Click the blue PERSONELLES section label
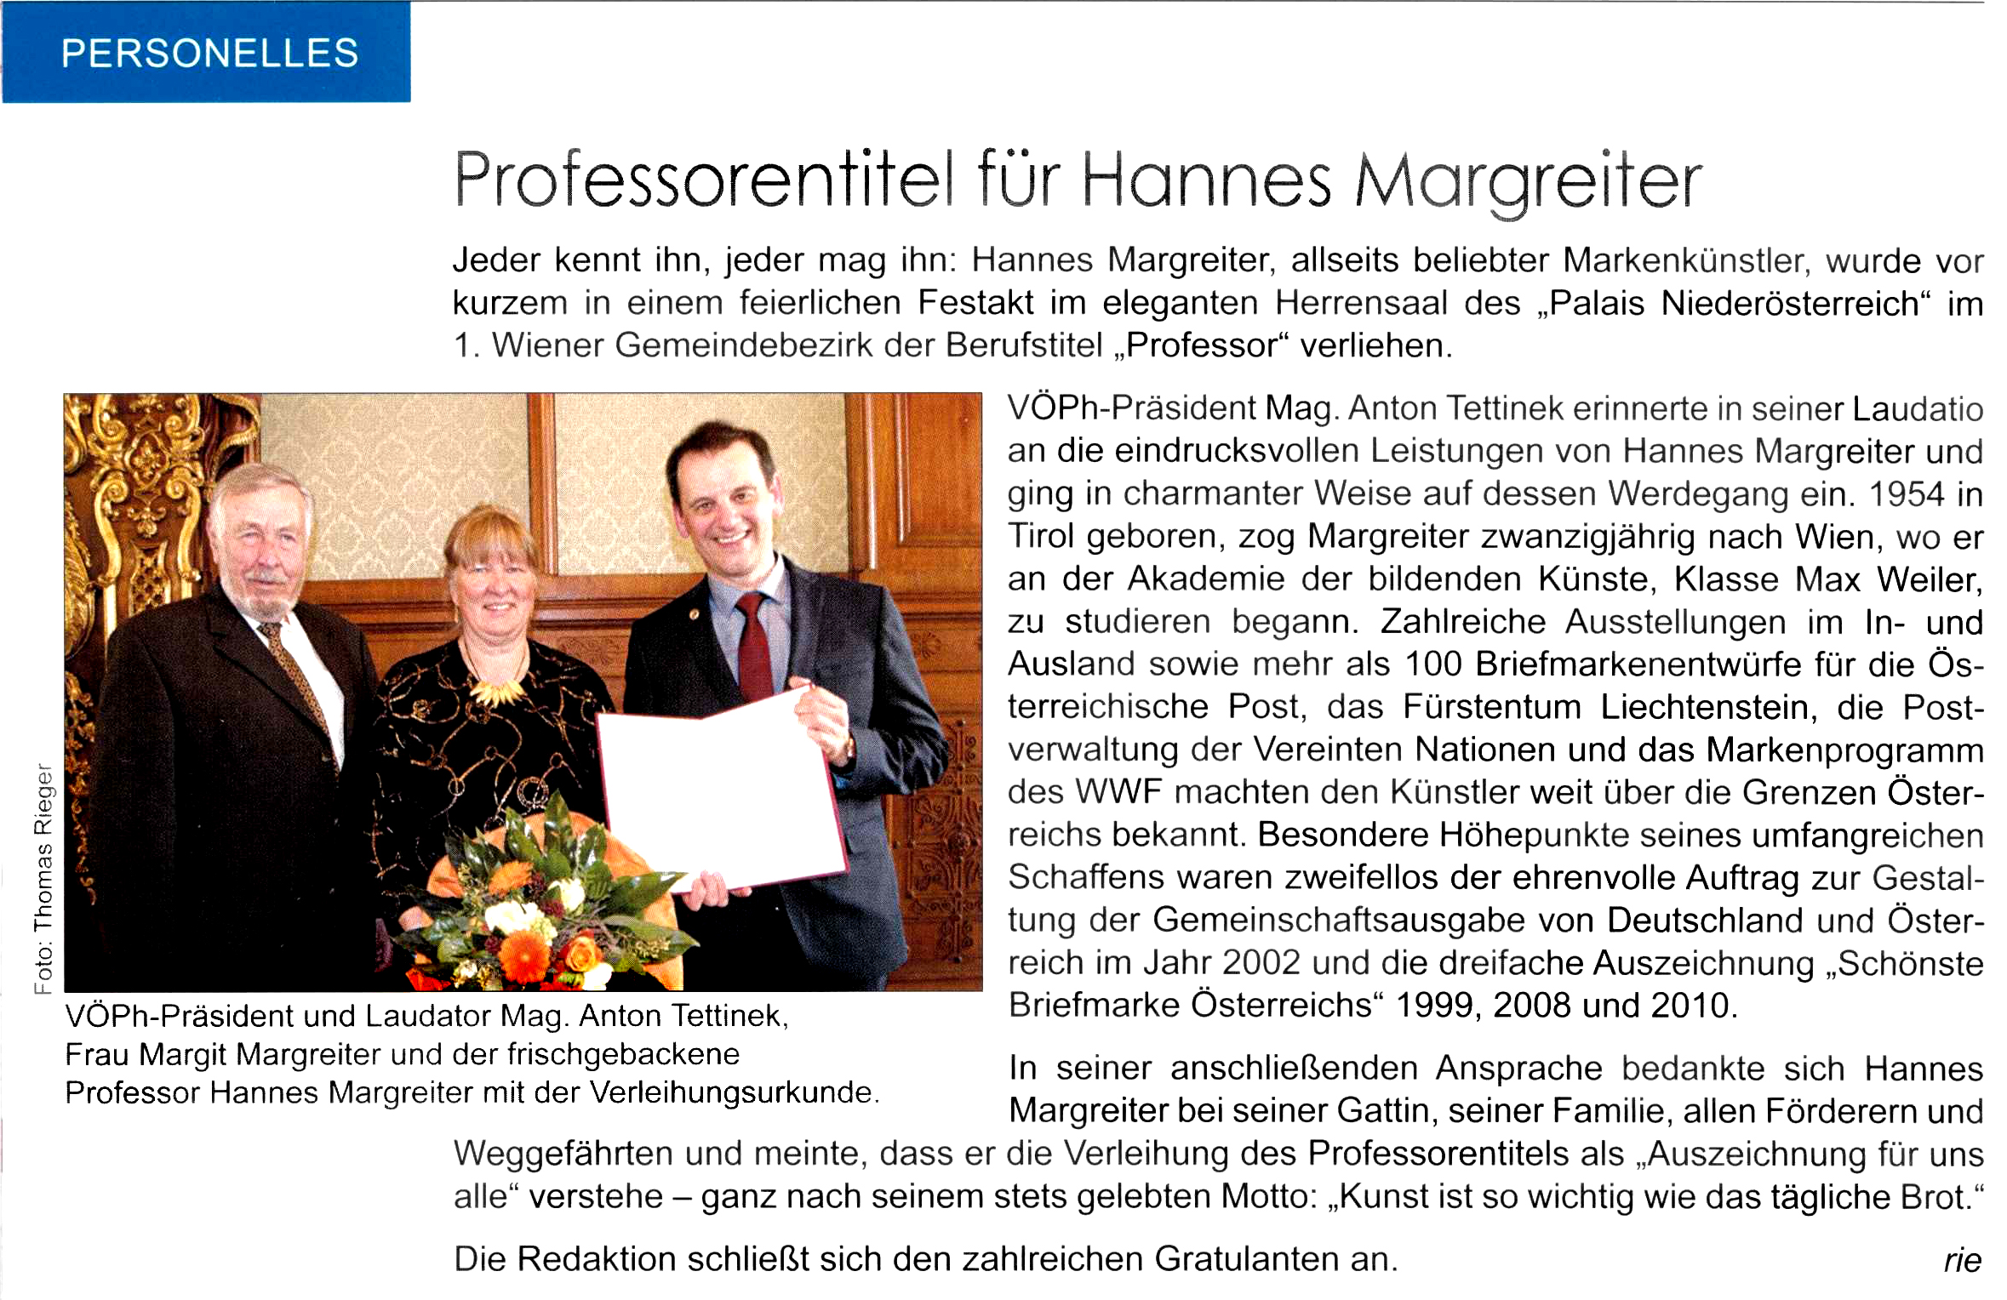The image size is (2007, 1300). click(x=209, y=53)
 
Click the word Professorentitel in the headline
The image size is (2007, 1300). click(x=703, y=181)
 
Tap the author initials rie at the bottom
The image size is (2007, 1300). click(x=1963, y=1260)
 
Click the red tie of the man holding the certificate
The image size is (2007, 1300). click(x=752, y=647)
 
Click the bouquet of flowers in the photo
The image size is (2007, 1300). click(x=545, y=919)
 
